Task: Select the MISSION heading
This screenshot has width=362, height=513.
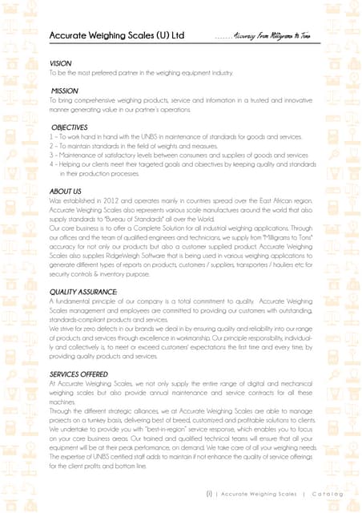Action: pos(65,91)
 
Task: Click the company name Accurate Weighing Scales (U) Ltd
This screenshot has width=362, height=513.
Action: pos(117,36)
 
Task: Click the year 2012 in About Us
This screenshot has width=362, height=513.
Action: pos(105,200)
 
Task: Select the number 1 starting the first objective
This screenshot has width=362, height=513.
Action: pos(51,136)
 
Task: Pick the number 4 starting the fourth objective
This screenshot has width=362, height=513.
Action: pos(51,163)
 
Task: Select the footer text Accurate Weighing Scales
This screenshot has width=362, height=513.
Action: pos(259,494)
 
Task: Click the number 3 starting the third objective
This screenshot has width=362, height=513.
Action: pos(51,154)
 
